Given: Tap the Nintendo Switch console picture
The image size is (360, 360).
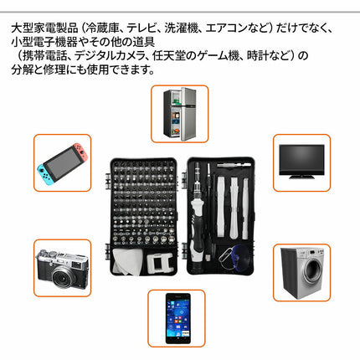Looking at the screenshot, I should (62, 164).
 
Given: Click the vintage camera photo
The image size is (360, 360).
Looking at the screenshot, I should (62, 268).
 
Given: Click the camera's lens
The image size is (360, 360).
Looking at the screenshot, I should (67, 272).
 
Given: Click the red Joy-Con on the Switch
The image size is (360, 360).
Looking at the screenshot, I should (81, 164).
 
